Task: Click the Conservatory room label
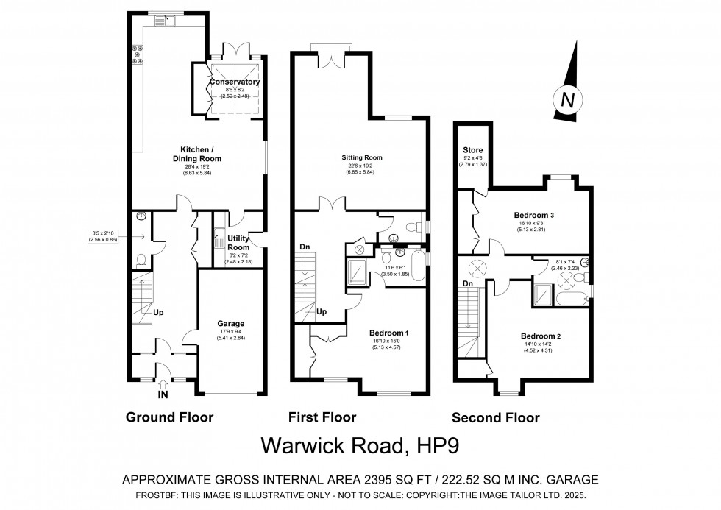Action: [x=234, y=82]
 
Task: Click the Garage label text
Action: [x=230, y=323]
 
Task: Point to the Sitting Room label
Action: [x=362, y=157]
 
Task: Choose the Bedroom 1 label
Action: [x=388, y=333]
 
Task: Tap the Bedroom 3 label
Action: [x=533, y=215]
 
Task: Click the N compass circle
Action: [x=566, y=100]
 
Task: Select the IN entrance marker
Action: [x=163, y=394]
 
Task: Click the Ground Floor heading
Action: [x=170, y=417]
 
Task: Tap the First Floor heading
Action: [x=322, y=417]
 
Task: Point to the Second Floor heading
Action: [x=495, y=418]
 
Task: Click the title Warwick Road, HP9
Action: [x=361, y=447]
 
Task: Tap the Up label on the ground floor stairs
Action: [x=158, y=311]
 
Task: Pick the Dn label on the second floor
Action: [x=466, y=284]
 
